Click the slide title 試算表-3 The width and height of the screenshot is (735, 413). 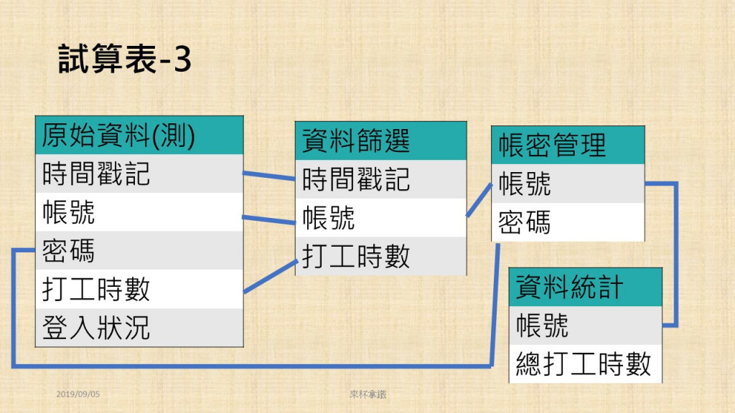(125, 59)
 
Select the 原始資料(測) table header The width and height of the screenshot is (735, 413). (139, 136)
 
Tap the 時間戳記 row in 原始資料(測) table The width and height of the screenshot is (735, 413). (139, 174)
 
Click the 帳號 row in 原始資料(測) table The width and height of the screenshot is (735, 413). (139, 212)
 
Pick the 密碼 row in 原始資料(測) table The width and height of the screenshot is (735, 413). (139, 250)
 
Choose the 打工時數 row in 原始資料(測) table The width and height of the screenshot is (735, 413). (139, 289)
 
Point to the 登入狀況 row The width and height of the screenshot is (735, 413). (139, 327)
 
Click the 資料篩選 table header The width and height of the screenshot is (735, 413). (380, 141)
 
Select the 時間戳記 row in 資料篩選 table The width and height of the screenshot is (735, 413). (380, 179)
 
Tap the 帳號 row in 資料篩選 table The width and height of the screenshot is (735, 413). (380, 218)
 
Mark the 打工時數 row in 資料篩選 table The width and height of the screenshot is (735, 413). (380, 256)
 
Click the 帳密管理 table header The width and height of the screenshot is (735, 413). (568, 145)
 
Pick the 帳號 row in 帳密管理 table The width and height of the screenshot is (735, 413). (568, 184)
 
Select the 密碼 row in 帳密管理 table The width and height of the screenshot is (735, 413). (568, 222)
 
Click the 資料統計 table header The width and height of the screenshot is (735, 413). (586, 287)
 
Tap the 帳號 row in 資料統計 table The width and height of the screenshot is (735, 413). (586, 326)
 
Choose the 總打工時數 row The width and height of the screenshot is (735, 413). (586, 364)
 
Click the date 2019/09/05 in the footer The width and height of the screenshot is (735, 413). (78, 394)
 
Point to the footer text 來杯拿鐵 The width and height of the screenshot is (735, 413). (368, 394)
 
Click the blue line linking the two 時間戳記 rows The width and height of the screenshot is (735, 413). (269, 176)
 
